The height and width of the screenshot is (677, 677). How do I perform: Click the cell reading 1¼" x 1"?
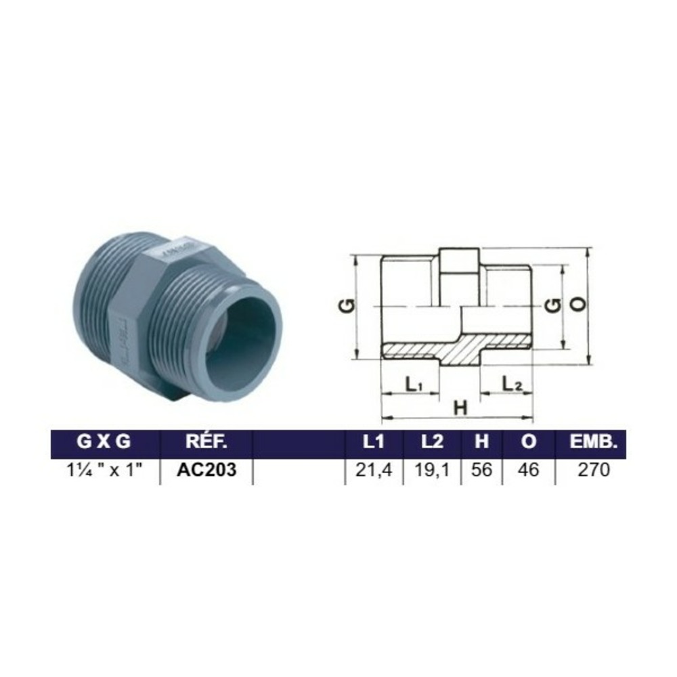click(x=104, y=470)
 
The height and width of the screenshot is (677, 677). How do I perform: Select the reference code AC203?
click(x=206, y=470)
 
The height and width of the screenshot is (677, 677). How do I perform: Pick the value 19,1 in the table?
click(x=431, y=470)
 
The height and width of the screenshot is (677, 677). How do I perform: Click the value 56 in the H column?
click(x=481, y=470)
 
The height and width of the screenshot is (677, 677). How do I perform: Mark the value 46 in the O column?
click(x=528, y=470)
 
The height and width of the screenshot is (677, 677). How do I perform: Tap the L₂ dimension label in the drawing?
click(x=512, y=384)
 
